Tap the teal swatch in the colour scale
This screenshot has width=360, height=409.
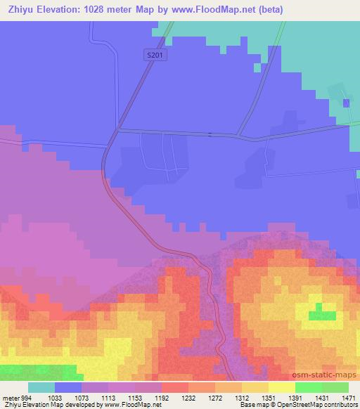[x=41, y=387]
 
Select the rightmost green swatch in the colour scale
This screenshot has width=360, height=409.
[x=335, y=387]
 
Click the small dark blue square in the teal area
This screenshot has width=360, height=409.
[x=346, y=103]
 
